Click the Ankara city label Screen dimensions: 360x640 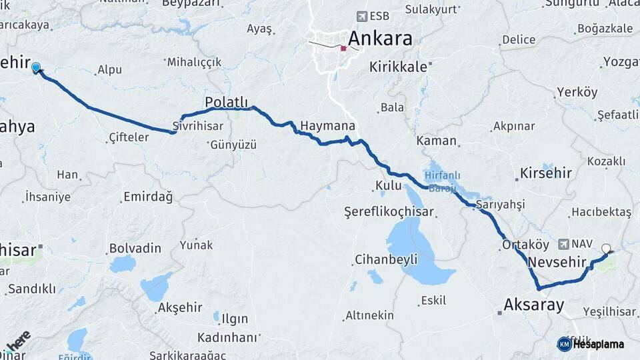380,39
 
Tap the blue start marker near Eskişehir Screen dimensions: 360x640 36,67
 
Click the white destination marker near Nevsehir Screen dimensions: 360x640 606,249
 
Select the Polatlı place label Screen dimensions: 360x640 226,102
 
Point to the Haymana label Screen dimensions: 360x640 327,125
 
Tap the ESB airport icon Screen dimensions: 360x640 362,16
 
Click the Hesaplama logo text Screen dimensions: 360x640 599,344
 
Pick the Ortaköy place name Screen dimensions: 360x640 525,245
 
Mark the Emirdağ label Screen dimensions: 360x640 148,197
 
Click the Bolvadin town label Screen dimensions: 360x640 135,248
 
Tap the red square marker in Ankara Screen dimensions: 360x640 343,48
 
